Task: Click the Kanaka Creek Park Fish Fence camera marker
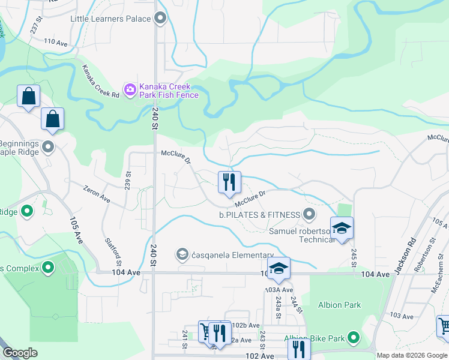(x=130, y=90)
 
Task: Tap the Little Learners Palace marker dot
(x=160, y=19)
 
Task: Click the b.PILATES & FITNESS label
(x=259, y=214)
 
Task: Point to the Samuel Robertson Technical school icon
(x=342, y=229)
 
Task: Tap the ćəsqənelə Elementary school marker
(x=182, y=255)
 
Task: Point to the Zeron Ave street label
(x=97, y=193)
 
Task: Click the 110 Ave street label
(x=56, y=43)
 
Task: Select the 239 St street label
(x=127, y=179)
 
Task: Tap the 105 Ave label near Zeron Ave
(x=77, y=228)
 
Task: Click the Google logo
(x=20, y=353)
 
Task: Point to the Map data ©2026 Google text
(x=411, y=355)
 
